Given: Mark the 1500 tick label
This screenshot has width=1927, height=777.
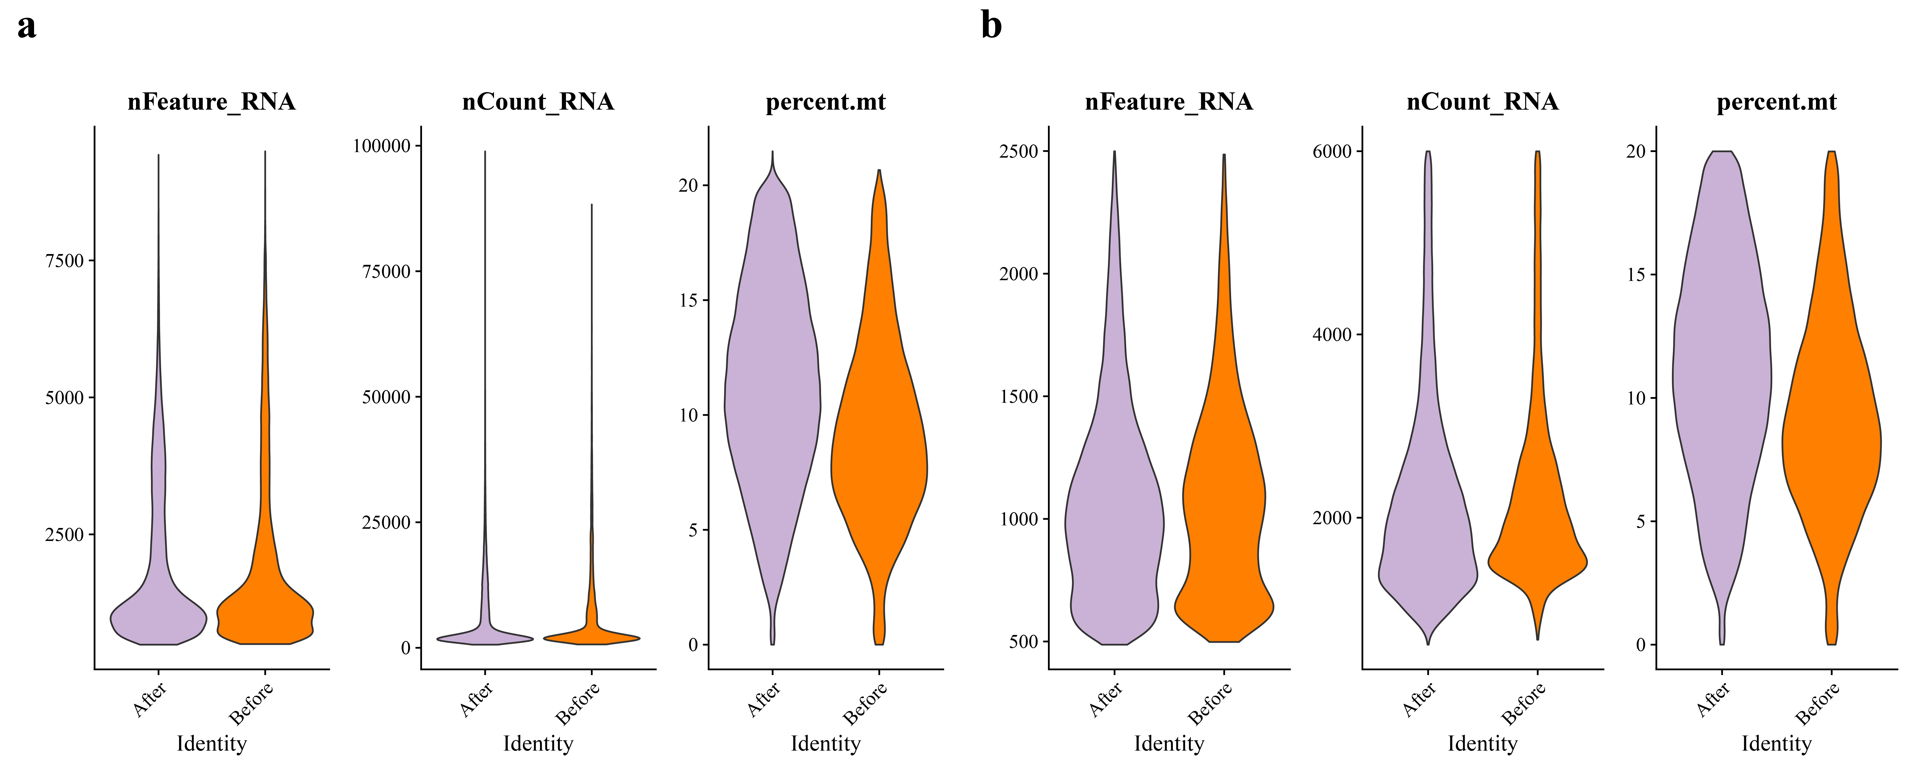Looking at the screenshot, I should (1019, 396).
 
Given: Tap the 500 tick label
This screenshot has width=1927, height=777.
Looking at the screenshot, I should (1023, 642).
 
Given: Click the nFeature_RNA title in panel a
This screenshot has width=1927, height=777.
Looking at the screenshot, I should (212, 102).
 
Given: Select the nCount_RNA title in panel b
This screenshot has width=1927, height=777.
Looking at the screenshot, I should (1483, 102).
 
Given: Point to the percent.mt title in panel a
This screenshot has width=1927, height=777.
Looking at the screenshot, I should (826, 102).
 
